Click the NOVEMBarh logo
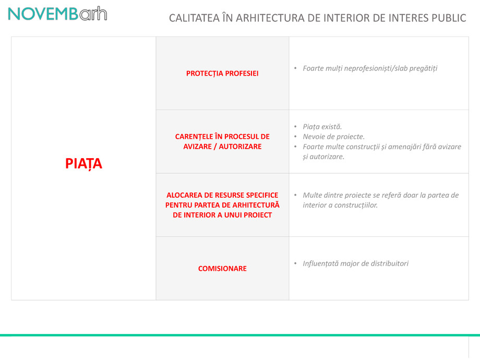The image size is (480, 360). (57, 14)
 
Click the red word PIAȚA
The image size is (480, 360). (83, 164)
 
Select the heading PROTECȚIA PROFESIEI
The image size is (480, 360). (222, 74)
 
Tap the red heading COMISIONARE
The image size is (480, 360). (222, 269)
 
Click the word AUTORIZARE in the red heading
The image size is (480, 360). (240, 147)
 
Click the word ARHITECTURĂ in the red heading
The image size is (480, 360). (253, 205)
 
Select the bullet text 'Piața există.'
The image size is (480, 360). (322, 127)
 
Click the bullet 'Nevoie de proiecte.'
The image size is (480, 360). (333, 137)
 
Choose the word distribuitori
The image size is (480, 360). (385, 263)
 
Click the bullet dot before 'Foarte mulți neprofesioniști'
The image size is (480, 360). (296, 68)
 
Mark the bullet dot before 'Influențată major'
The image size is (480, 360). (296, 263)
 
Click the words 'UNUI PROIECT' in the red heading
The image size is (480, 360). (248, 215)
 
